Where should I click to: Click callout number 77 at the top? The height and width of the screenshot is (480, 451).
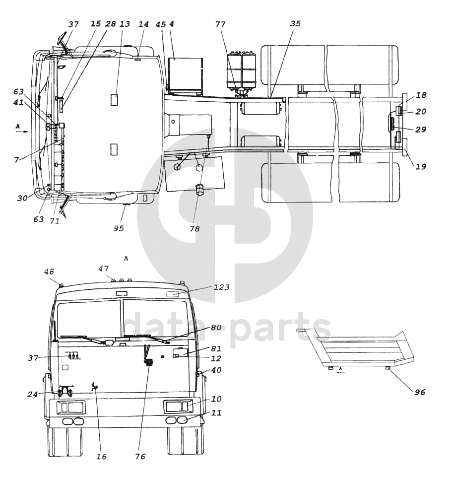point(220,24)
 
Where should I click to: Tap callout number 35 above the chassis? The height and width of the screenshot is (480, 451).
point(295,23)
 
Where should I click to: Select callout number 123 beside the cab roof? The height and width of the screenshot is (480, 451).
point(221,287)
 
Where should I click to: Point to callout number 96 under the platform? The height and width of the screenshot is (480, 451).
point(420,392)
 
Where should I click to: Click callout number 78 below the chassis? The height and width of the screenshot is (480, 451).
point(194,229)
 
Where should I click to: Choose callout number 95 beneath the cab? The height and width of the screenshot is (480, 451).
point(119,228)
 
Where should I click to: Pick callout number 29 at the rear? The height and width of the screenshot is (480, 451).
point(420,130)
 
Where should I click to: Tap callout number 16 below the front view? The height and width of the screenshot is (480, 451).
point(102,457)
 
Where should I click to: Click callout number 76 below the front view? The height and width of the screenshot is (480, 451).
point(140,457)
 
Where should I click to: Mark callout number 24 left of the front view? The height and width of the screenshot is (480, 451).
point(32,394)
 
